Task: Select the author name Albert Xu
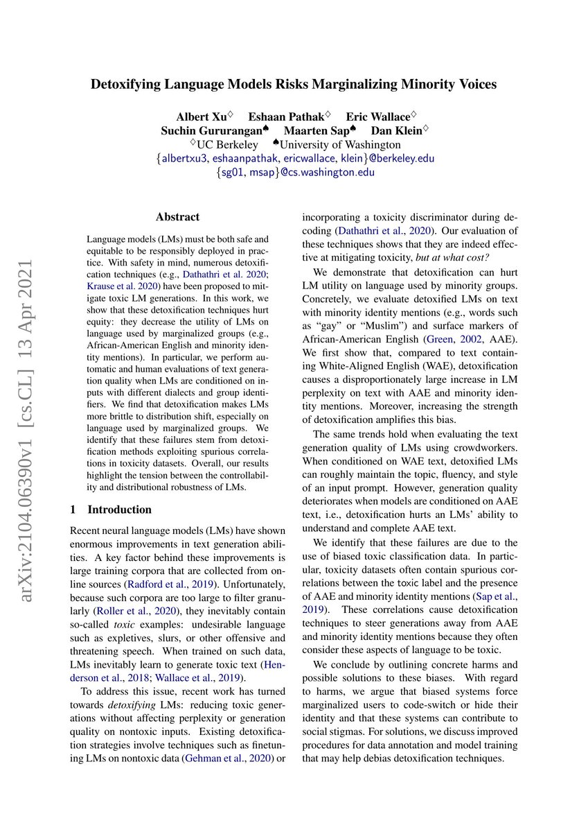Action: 196,116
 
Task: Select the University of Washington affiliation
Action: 337,144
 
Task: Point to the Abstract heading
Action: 178,217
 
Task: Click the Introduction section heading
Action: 119,510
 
